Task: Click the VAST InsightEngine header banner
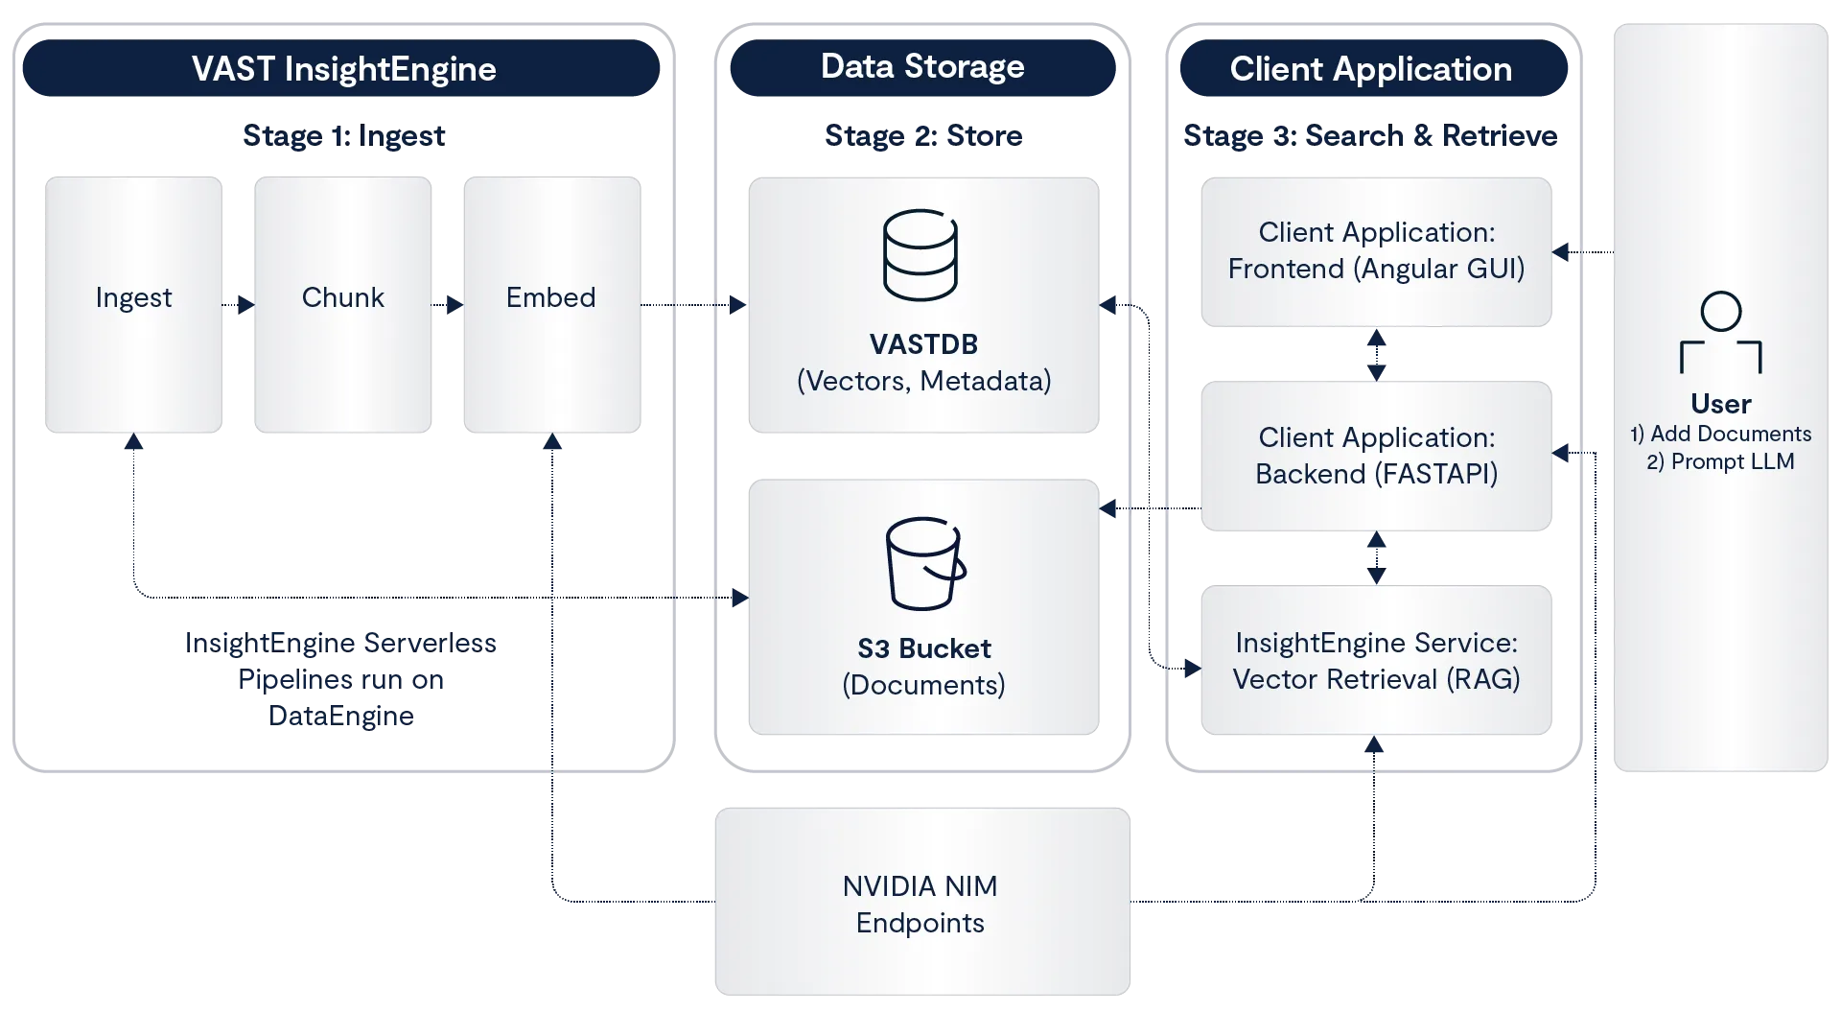click(342, 69)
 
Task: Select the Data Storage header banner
click(922, 67)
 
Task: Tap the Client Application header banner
click(1370, 69)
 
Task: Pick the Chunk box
click(344, 305)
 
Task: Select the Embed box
click(551, 305)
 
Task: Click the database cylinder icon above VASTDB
click(920, 255)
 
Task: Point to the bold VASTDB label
click(923, 344)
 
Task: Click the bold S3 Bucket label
click(923, 648)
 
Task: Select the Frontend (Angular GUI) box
click(1376, 251)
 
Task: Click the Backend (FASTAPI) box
click(1376, 457)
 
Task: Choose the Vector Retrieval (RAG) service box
click(1376, 661)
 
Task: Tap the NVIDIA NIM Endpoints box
click(921, 904)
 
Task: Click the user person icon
click(1721, 333)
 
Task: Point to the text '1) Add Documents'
click(1721, 434)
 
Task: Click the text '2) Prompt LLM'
click(1721, 461)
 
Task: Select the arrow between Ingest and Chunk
click(238, 305)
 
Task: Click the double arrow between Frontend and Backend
click(1377, 355)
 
